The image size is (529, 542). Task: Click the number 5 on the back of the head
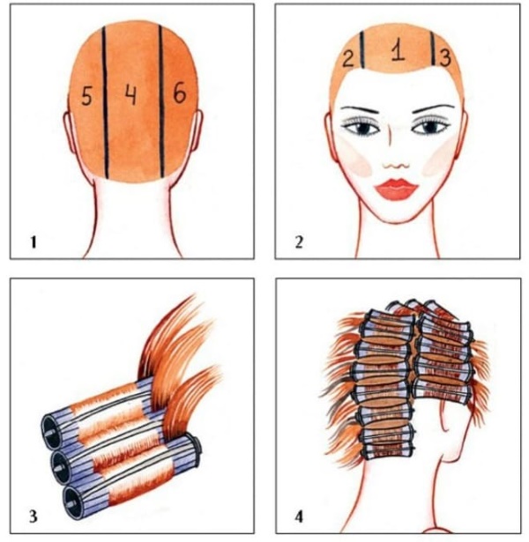tap(86, 95)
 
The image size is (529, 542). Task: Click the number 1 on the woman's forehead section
tap(398, 51)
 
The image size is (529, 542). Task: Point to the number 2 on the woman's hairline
tap(348, 59)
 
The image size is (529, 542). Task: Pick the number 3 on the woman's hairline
tap(445, 58)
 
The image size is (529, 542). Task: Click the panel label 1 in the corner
tap(33, 241)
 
